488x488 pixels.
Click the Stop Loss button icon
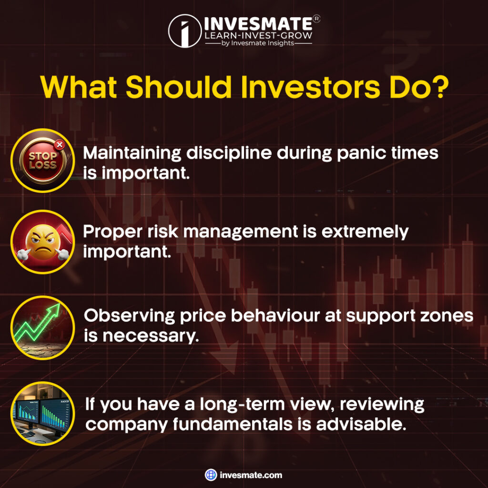point(42,161)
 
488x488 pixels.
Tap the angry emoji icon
point(42,242)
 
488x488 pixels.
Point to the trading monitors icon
point(42,414)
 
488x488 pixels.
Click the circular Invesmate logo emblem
point(185,31)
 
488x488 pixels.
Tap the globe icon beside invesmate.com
point(211,475)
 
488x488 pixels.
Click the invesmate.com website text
point(251,475)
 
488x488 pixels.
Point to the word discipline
point(229,154)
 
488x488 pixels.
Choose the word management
point(240,233)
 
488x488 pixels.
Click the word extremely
point(365,233)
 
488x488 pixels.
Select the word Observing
point(129,316)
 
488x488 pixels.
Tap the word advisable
point(361,424)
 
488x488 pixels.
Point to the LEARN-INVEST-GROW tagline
point(258,35)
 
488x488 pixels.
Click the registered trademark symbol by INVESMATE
point(316,19)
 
